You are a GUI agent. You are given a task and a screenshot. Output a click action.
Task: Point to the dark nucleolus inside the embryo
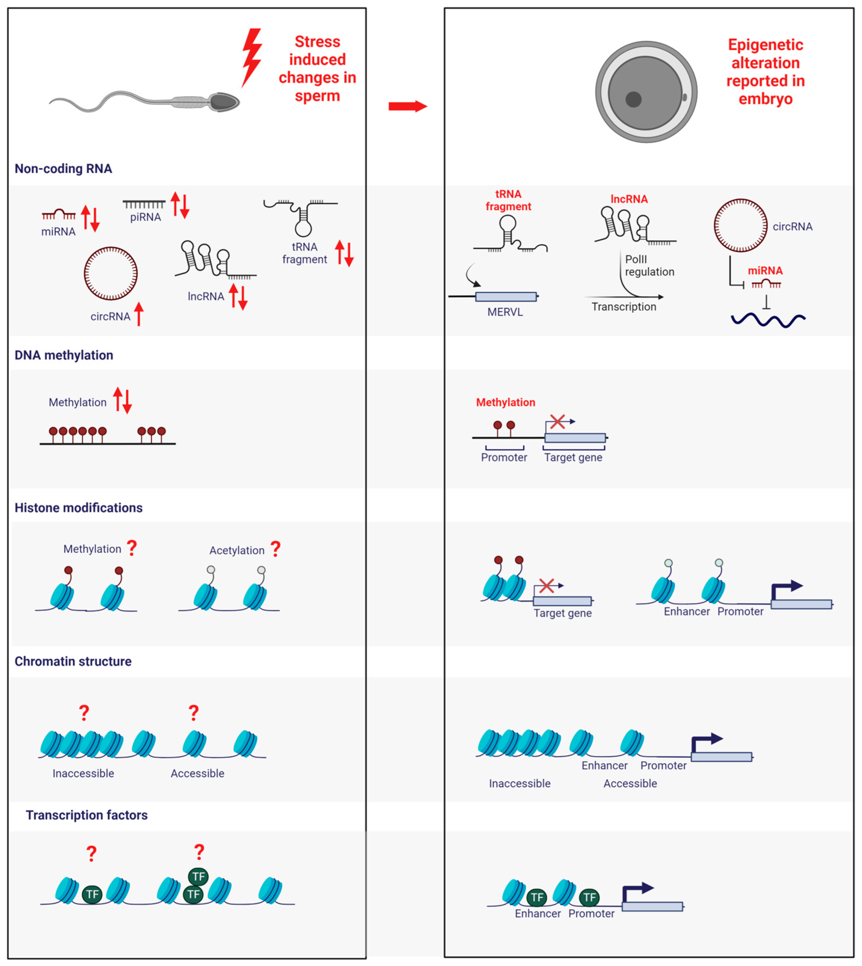633,99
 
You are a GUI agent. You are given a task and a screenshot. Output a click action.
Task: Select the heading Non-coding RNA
63,169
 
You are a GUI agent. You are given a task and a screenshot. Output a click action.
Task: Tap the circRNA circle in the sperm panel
111,273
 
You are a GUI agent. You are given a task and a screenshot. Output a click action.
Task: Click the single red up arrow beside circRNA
139,314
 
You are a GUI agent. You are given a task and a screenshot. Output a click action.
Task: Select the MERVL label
505,312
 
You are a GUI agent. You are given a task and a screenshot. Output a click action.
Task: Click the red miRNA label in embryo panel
765,271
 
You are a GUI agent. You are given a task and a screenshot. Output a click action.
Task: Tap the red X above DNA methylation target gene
557,421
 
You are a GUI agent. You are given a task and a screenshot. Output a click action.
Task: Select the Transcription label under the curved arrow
623,307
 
